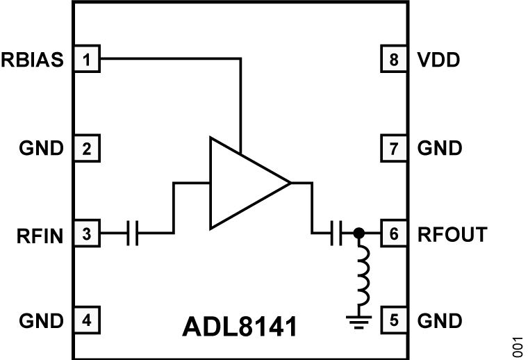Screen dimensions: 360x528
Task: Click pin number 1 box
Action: [x=87, y=60]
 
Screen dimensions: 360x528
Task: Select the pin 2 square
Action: [x=87, y=148]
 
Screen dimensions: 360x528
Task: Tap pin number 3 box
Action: [x=87, y=235]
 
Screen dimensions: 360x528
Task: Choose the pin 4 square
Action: [x=87, y=321]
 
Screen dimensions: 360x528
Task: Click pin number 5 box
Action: [x=394, y=321]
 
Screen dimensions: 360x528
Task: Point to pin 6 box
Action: [x=394, y=235]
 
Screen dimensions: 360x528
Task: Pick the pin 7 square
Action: [x=394, y=148]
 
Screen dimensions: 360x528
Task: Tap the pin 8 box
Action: [x=394, y=60]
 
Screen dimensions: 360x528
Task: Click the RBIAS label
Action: [x=33, y=60]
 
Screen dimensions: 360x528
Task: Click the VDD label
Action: [x=439, y=60]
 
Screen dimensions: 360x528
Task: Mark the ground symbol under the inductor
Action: [x=358, y=322]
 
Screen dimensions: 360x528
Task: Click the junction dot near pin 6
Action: [x=358, y=235]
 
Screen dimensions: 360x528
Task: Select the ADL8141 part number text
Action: [x=241, y=327]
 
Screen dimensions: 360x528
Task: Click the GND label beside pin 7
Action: [x=440, y=148]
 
